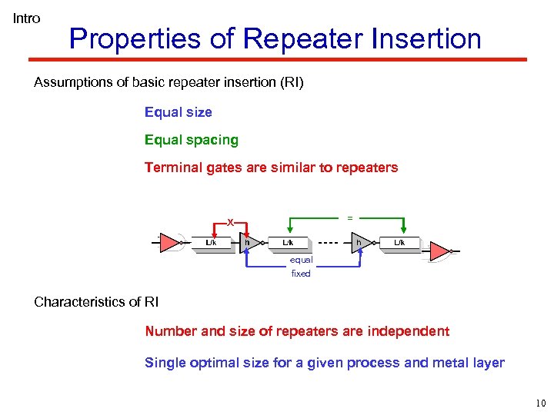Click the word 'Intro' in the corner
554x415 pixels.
(26, 18)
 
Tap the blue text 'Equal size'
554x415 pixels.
(178, 112)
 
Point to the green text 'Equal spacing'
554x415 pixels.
(191, 140)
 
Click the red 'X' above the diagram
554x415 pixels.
(229, 222)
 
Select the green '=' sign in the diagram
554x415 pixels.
(350, 218)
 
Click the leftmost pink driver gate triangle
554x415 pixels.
(169, 244)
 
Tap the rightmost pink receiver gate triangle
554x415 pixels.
(439, 251)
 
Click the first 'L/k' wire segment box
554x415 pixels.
(210, 244)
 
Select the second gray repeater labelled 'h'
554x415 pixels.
(359, 244)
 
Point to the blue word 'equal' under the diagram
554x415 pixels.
(301, 261)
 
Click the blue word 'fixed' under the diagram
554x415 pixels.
(301, 274)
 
